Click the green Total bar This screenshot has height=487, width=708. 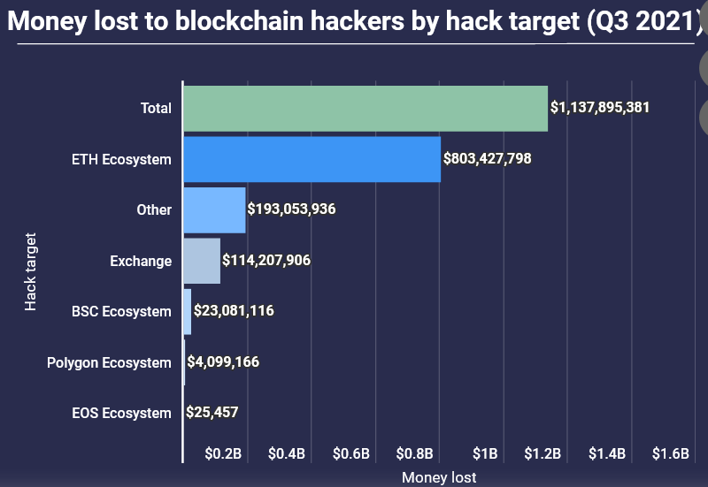click(365, 109)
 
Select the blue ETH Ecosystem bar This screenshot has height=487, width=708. click(312, 159)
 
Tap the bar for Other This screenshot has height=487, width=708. click(214, 209)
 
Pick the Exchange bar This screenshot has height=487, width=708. click(202, 261)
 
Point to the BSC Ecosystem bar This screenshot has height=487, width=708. click(187, 311)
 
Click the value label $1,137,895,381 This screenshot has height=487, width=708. click(600, 108)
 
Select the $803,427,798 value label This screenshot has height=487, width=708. click(487, 159)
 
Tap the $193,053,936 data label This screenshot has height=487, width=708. click(291, 209)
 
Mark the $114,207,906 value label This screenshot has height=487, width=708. click(266, 261)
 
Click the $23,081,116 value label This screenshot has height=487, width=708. click(234, 311)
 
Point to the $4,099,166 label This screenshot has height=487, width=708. click(223, 361)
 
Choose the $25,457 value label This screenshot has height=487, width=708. click(212, 412)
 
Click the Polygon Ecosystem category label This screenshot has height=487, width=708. click(109, 362)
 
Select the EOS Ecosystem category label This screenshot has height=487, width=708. click(121, 413)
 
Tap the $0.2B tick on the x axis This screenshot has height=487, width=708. click(223, 454)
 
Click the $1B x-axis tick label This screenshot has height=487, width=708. click(485, 454)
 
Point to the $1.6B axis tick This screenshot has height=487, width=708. click(670, 454)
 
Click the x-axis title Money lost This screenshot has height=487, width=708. click(439, 477)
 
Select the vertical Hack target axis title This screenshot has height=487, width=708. click(31, 270)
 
